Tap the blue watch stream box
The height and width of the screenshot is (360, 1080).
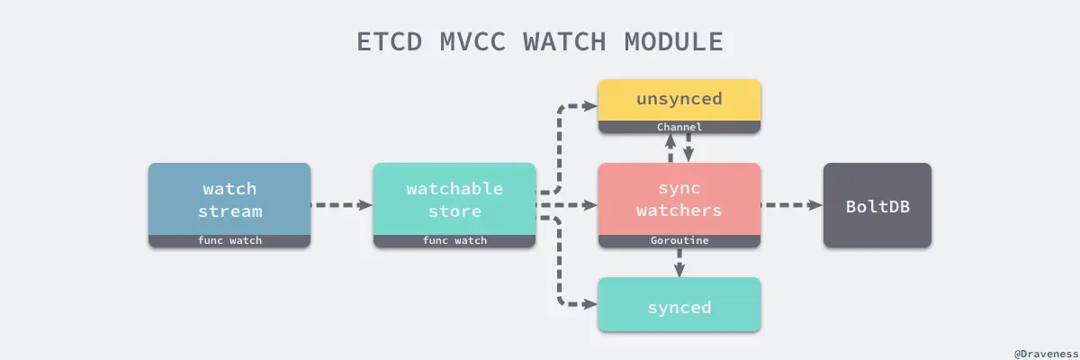point(229,199)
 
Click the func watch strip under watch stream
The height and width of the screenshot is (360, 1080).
point(229,241)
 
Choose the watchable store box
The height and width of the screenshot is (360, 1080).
point(454,199)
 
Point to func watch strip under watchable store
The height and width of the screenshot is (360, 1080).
point(454,241)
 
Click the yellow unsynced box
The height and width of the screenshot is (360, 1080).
point(679,100)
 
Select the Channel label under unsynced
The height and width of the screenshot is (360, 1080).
point(679,128)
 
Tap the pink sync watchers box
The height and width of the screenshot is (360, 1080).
point(679,199)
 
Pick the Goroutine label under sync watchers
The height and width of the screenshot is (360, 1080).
point(679,241)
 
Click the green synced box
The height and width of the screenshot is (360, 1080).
point(679,307)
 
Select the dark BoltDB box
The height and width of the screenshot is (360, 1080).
point(877,205)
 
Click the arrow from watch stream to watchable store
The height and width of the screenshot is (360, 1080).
point(342,205)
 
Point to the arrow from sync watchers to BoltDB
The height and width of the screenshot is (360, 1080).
point(792,205)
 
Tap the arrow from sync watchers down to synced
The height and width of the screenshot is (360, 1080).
point(679,263)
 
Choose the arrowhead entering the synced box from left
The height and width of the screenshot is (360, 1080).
point(592,304)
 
